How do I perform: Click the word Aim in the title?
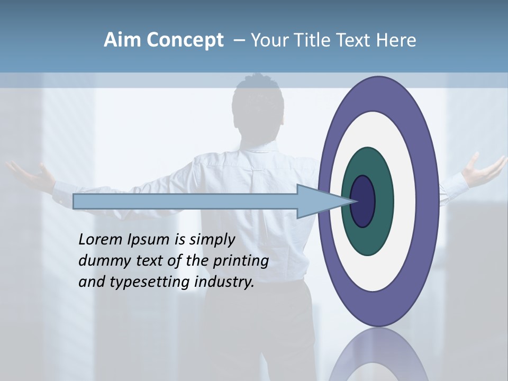coord(122,40)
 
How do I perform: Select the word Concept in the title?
coord(185,41)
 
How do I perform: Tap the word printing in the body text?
coord(241,261)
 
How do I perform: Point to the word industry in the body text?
coord(224,282)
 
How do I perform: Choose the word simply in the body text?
coord(212,240)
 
